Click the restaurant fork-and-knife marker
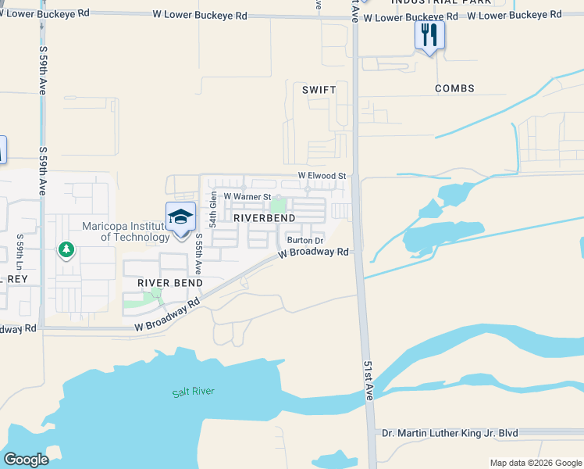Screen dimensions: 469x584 (x=429, y=35)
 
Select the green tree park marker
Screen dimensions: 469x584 (x=66, y=250)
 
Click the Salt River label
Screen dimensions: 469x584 (x=193, y=392)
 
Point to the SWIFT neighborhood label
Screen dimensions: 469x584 (x=319, y=90)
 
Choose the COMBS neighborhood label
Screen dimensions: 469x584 (x=454, y=89)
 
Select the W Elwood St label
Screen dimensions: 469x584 (x=321, y=177)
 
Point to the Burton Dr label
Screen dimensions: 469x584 (x=304, y=241)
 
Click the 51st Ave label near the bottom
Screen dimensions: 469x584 (x=369, y=381)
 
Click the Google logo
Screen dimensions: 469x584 (x=26, y=460)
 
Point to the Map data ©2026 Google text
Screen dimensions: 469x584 (x=535, y=463)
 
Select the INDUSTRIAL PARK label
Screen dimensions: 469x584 (x=442, y=2)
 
